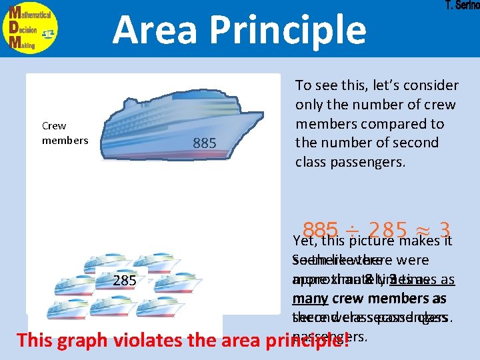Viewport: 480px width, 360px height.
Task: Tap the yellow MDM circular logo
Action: coord(30,27)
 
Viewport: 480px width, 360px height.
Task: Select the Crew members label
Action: coord(65,133)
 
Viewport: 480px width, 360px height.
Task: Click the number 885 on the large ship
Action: coord(204,143)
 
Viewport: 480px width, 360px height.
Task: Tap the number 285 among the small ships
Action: coord(125,281)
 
